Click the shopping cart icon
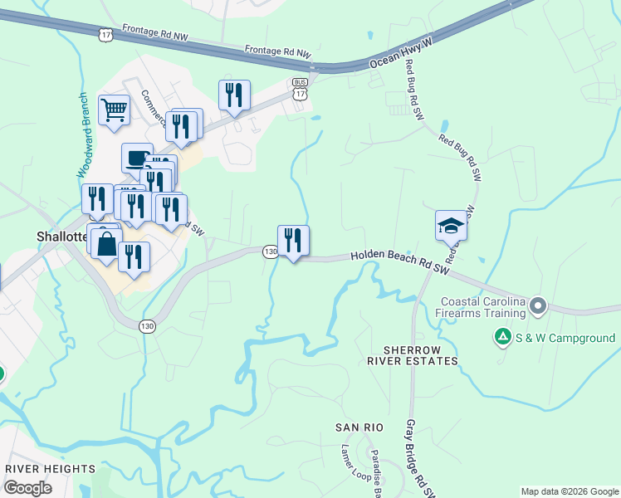coord(114,109)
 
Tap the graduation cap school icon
coord(451,225)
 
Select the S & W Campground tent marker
coord(502,338)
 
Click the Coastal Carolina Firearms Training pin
coord(538,307)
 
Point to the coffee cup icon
coord(136,157)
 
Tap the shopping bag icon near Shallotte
coord(106,245)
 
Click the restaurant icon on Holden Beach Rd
coord(293,241)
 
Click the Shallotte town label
coord(61,236)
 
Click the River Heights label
coord(50,469)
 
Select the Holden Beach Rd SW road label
coord(399,264)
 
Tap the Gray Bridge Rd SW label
coord(419,458)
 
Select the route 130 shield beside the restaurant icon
coord(270,251)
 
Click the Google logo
coord(27,487)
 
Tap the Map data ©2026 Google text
coord(570,491)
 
